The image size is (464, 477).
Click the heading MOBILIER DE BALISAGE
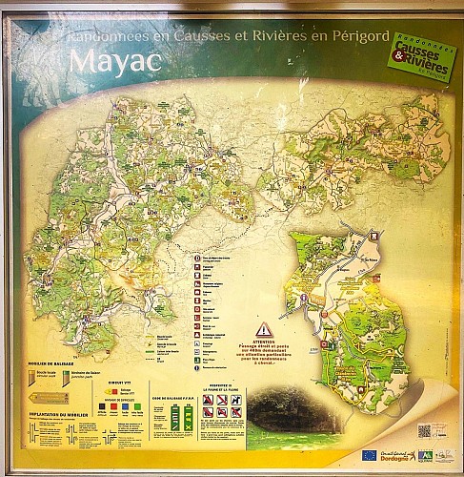50,363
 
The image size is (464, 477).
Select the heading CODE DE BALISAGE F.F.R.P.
180,398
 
